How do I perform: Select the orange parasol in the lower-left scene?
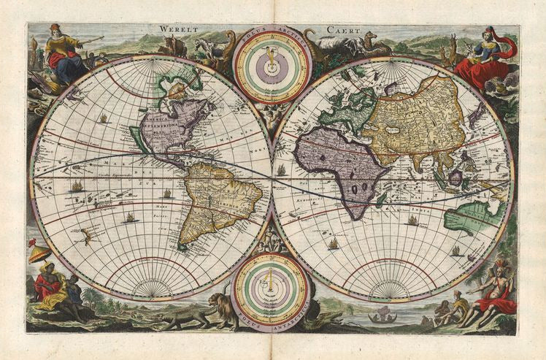coord(39,253)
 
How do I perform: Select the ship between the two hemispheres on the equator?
coord(281,170)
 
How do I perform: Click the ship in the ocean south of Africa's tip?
coord(334,243)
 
